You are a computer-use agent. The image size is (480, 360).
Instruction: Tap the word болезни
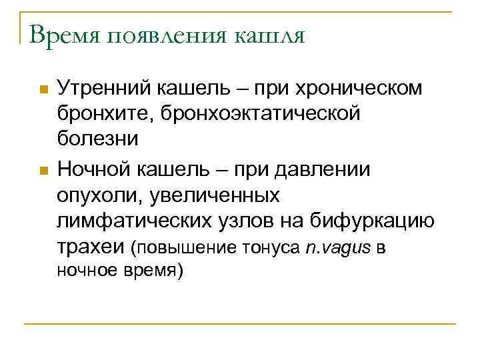pyautogui.click(x=98, y=139)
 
